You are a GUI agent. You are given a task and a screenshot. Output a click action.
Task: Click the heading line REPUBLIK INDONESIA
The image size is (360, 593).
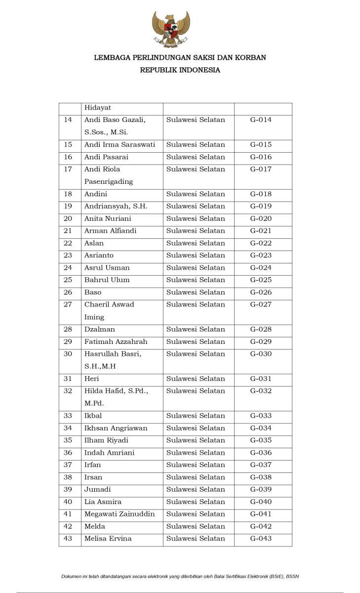point(180,70)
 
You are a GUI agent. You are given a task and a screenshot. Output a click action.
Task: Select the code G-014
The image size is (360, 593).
point(261,120)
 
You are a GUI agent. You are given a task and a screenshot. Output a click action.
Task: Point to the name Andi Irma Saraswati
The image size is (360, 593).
point(120,145)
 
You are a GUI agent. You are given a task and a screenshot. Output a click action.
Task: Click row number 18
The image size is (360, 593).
point(68,194)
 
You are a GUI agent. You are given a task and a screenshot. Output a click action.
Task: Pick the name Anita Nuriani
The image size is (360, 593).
point(108,218)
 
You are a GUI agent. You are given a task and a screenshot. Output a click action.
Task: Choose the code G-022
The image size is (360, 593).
point(261,243)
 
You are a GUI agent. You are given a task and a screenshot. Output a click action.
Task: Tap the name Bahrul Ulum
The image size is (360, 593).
point(107,280)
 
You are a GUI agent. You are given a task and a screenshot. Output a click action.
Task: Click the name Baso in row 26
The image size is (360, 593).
point(93,292)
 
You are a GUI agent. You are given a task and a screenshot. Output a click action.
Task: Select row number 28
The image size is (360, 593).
point(68,329)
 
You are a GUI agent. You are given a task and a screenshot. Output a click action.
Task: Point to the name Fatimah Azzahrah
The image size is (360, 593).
point(116,341)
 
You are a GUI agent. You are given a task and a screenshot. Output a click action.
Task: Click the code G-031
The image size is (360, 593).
point(261,379)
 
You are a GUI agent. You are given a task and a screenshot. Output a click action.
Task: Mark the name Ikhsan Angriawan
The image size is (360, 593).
point(116,428)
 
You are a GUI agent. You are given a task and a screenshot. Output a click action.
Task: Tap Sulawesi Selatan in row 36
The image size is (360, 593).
point(196,453)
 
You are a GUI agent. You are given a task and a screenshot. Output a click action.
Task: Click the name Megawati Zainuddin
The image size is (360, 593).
point(120,514)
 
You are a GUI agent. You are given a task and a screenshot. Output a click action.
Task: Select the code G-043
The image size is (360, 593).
point(261,539)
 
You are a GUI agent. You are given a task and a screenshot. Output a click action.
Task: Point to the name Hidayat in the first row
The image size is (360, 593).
point(98,108)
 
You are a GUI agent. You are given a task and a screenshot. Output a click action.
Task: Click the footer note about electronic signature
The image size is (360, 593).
point(180,576)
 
